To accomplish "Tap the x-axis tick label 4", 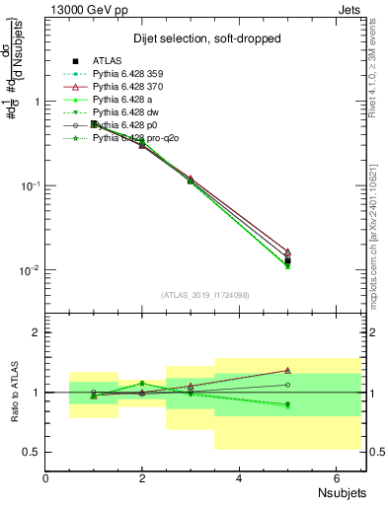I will [240, 478].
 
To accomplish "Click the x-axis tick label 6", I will [336, 478].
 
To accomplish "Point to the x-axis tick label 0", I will [46, 478].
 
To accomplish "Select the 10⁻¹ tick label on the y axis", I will [30, 185].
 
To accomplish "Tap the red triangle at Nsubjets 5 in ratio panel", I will [287, 371].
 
